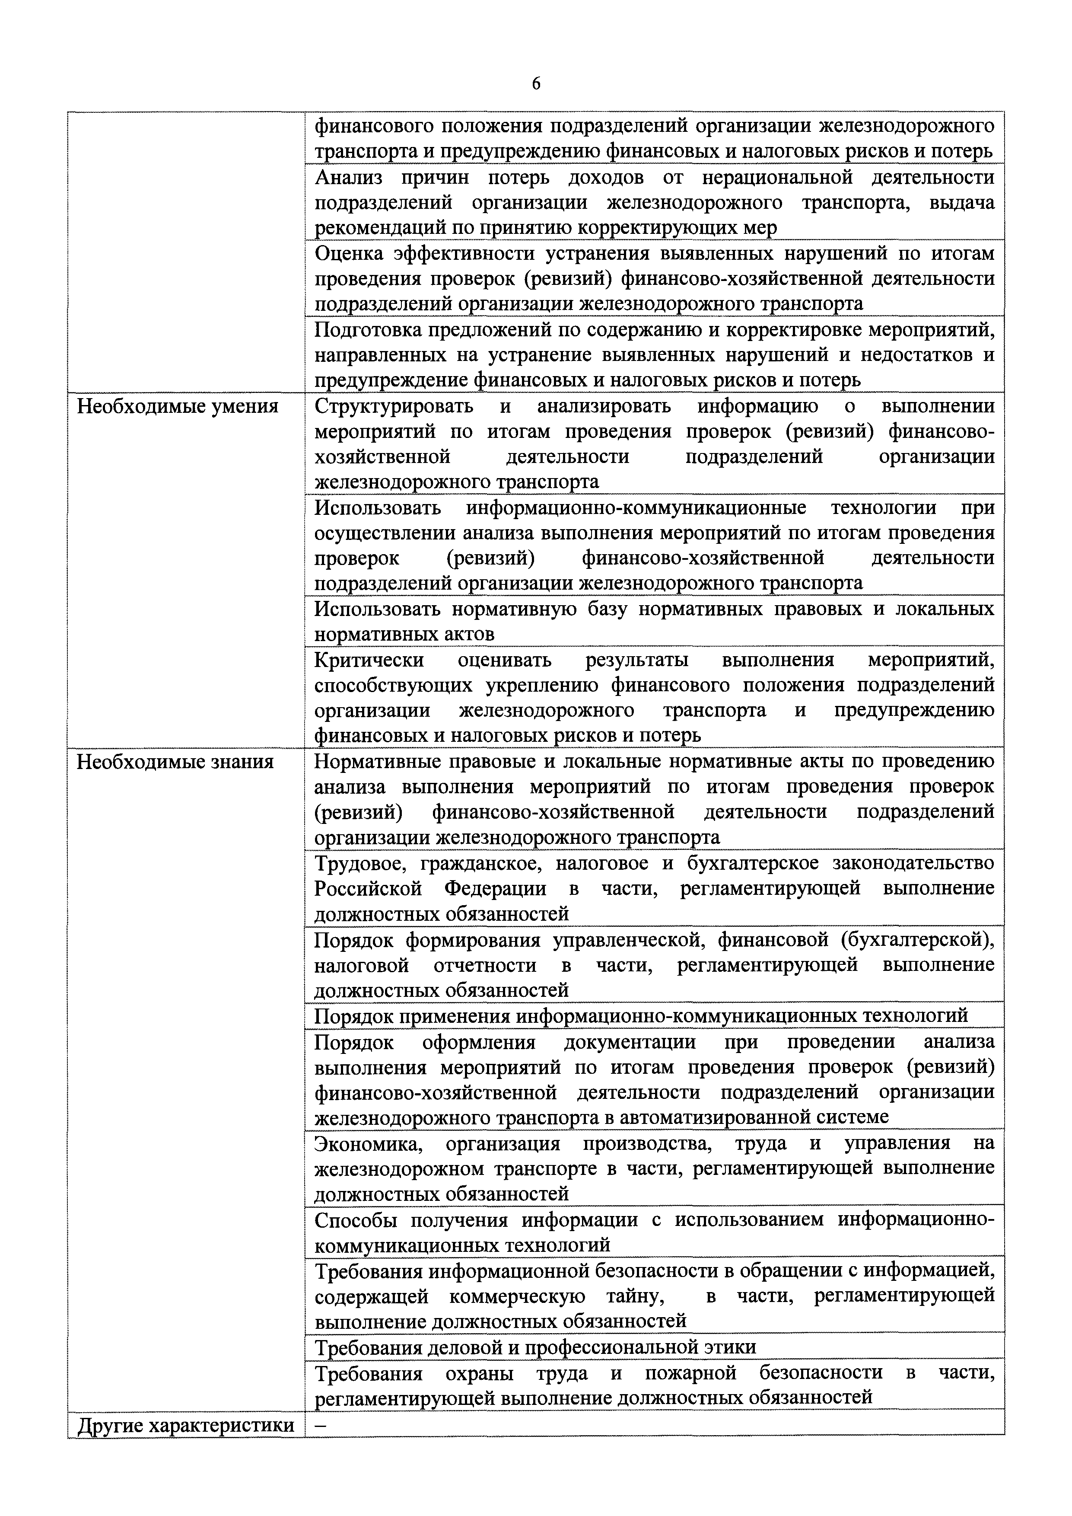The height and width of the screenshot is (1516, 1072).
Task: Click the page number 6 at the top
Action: pyautogui.click(x=535, y=84)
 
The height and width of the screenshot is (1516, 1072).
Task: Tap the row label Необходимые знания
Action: pyautogui.click(x=175, y=762)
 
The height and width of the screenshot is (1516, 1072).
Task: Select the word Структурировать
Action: pyautogui.click(x=394, y=406)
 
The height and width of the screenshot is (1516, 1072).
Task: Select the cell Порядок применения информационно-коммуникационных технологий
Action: pyautogui.click(x=641, y=1015)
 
